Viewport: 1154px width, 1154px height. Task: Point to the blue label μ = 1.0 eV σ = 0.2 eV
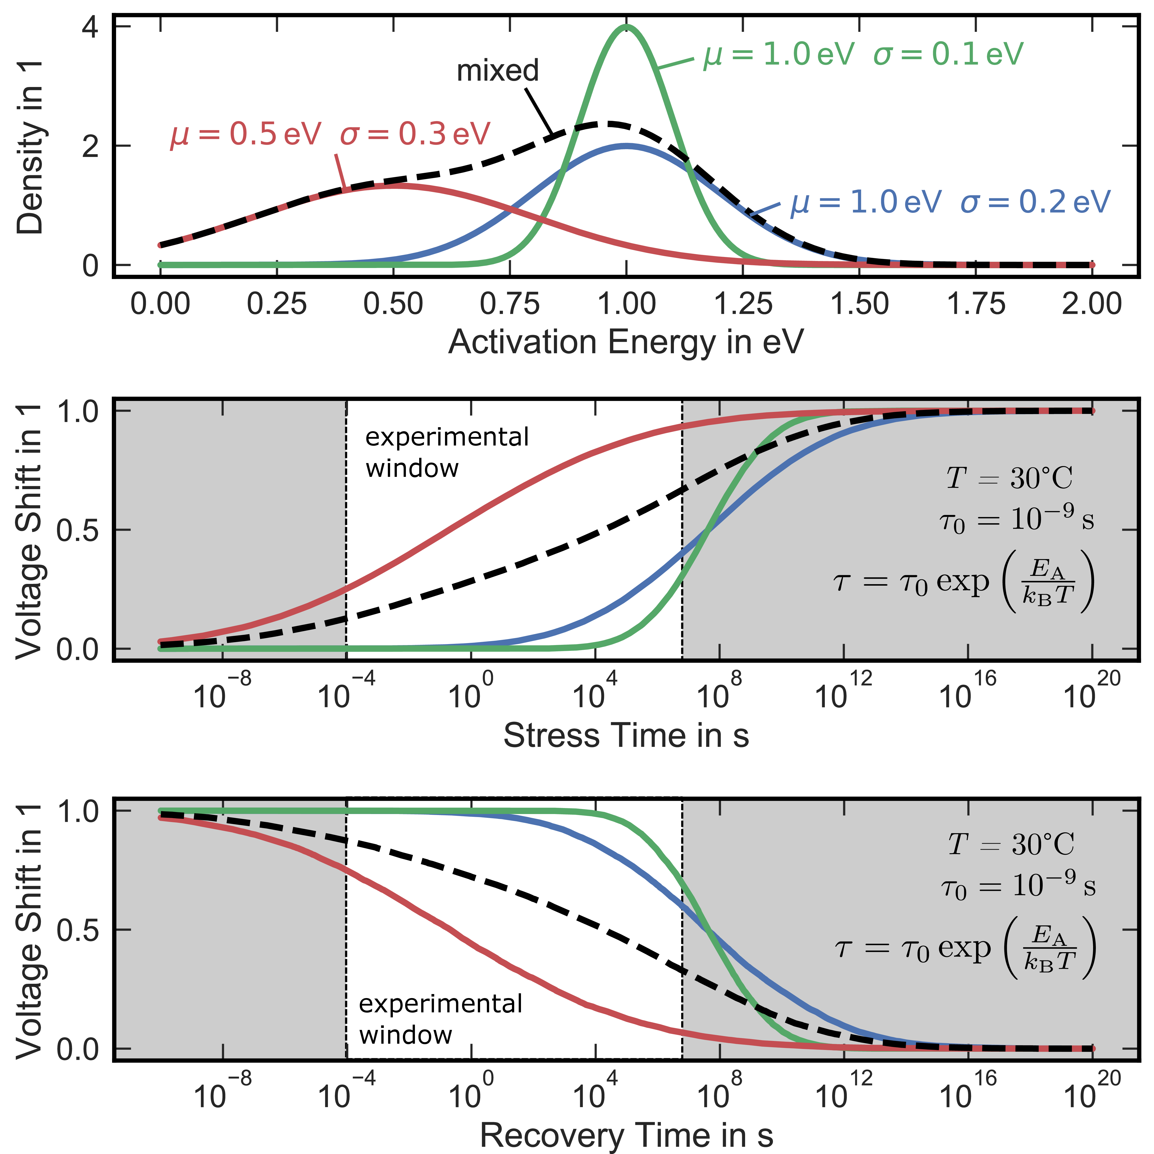(950, 203)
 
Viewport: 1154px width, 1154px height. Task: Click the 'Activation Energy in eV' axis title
(626, 342)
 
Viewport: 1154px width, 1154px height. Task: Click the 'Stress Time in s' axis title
(626, 735)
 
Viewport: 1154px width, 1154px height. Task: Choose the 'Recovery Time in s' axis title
(626, 1135)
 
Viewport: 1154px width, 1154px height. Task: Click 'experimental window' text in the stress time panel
(447, 452)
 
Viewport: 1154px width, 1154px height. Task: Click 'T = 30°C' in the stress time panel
(1009, 478)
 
